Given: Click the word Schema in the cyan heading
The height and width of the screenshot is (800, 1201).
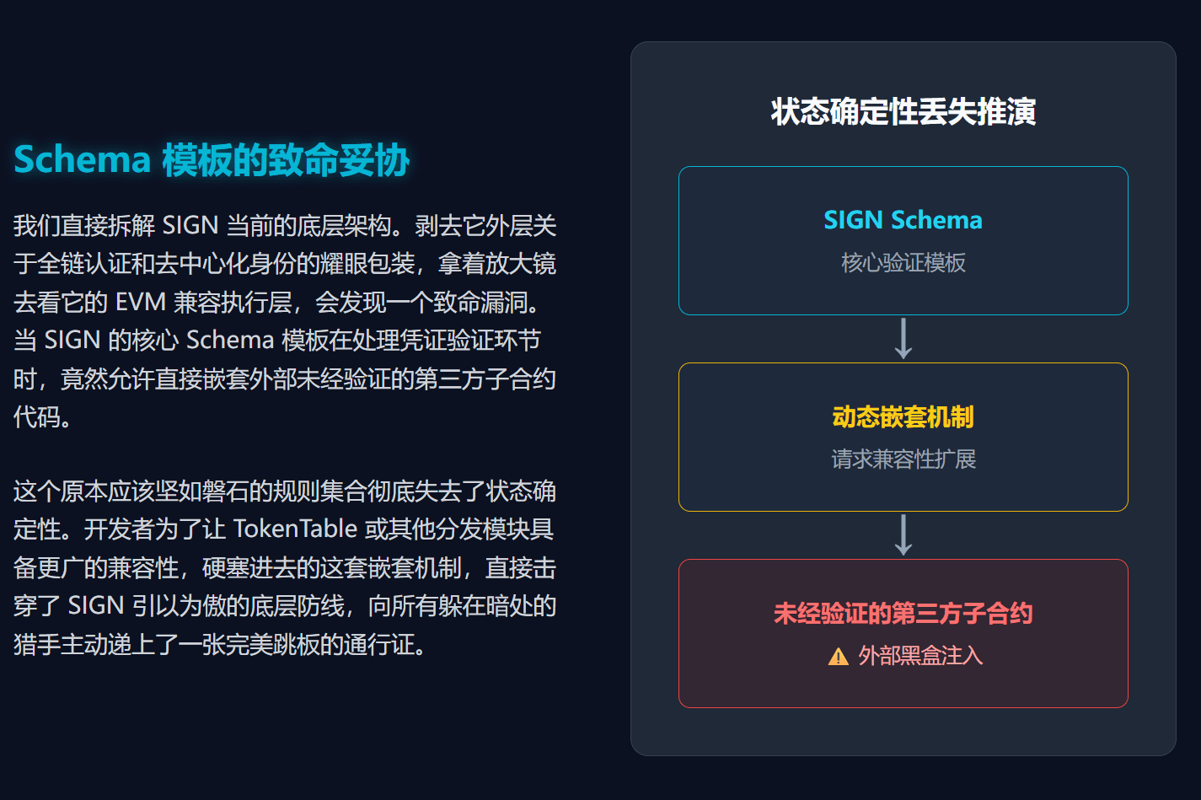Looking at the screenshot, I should pyautogui.click(x=82, y=160).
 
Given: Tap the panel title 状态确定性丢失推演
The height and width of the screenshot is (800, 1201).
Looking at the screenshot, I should pyautogui.click(x=903, y=111).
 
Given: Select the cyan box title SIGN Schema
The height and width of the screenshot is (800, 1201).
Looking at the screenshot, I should pyautogui.click(x=903, y=220).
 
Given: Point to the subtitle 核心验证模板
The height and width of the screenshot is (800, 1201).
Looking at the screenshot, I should pyautogui.click(x=903, y=263).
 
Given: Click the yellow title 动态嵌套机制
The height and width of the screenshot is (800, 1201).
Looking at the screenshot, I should pyautogui.click(x=903, y=416).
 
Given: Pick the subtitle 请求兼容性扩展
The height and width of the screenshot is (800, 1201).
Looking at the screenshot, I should pyautogui.click(x=903, y=459).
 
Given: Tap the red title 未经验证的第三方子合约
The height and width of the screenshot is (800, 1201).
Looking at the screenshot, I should pyautogui.click(x=903, y=613).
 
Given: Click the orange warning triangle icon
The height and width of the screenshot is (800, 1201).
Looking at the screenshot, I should pyautogui.click(x=838, y=657).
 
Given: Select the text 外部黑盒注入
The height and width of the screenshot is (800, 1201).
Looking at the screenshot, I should pyautogui.click(x=920, y=656).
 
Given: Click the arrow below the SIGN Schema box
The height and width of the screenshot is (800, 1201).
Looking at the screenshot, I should pyautogui.click(x=903, y=338).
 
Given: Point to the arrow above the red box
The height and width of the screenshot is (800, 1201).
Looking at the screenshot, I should pyautogui.click(x=903, y=534).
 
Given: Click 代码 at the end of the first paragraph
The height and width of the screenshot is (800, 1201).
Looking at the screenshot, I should pyautogui.click(x=37, y=416).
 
